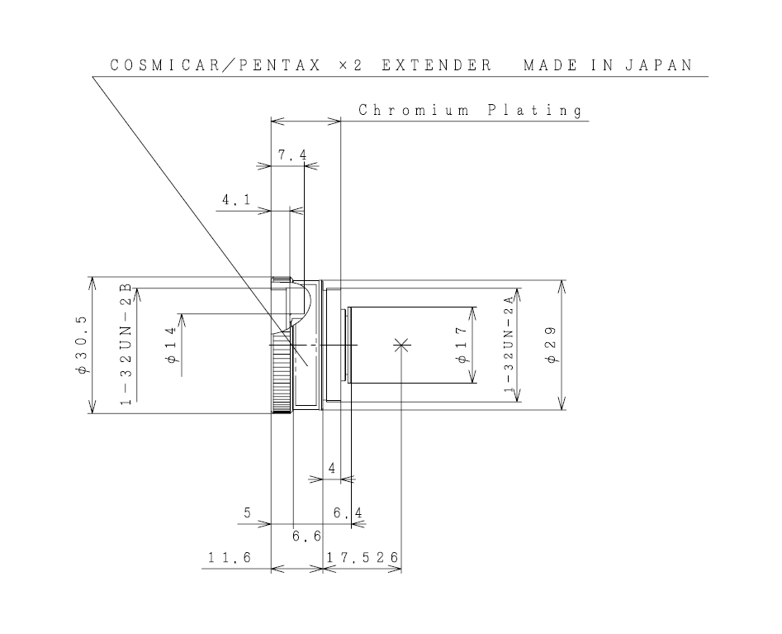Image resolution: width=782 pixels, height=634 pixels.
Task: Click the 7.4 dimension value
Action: pyautogui.click(x=287, y=155)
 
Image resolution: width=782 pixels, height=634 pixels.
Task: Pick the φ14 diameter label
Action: pyautogui.click(x=171, y=345)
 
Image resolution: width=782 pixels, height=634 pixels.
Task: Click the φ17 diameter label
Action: pyautogui.click(x=462, y=345)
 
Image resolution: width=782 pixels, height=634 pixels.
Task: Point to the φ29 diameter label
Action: pyautogui.click(x=551, y=345)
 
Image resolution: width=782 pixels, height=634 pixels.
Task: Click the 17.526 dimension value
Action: pyautogui.click(x=363, y=558)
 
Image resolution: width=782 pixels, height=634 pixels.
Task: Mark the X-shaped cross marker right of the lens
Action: pyautogui.click(x=401, y=345)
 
